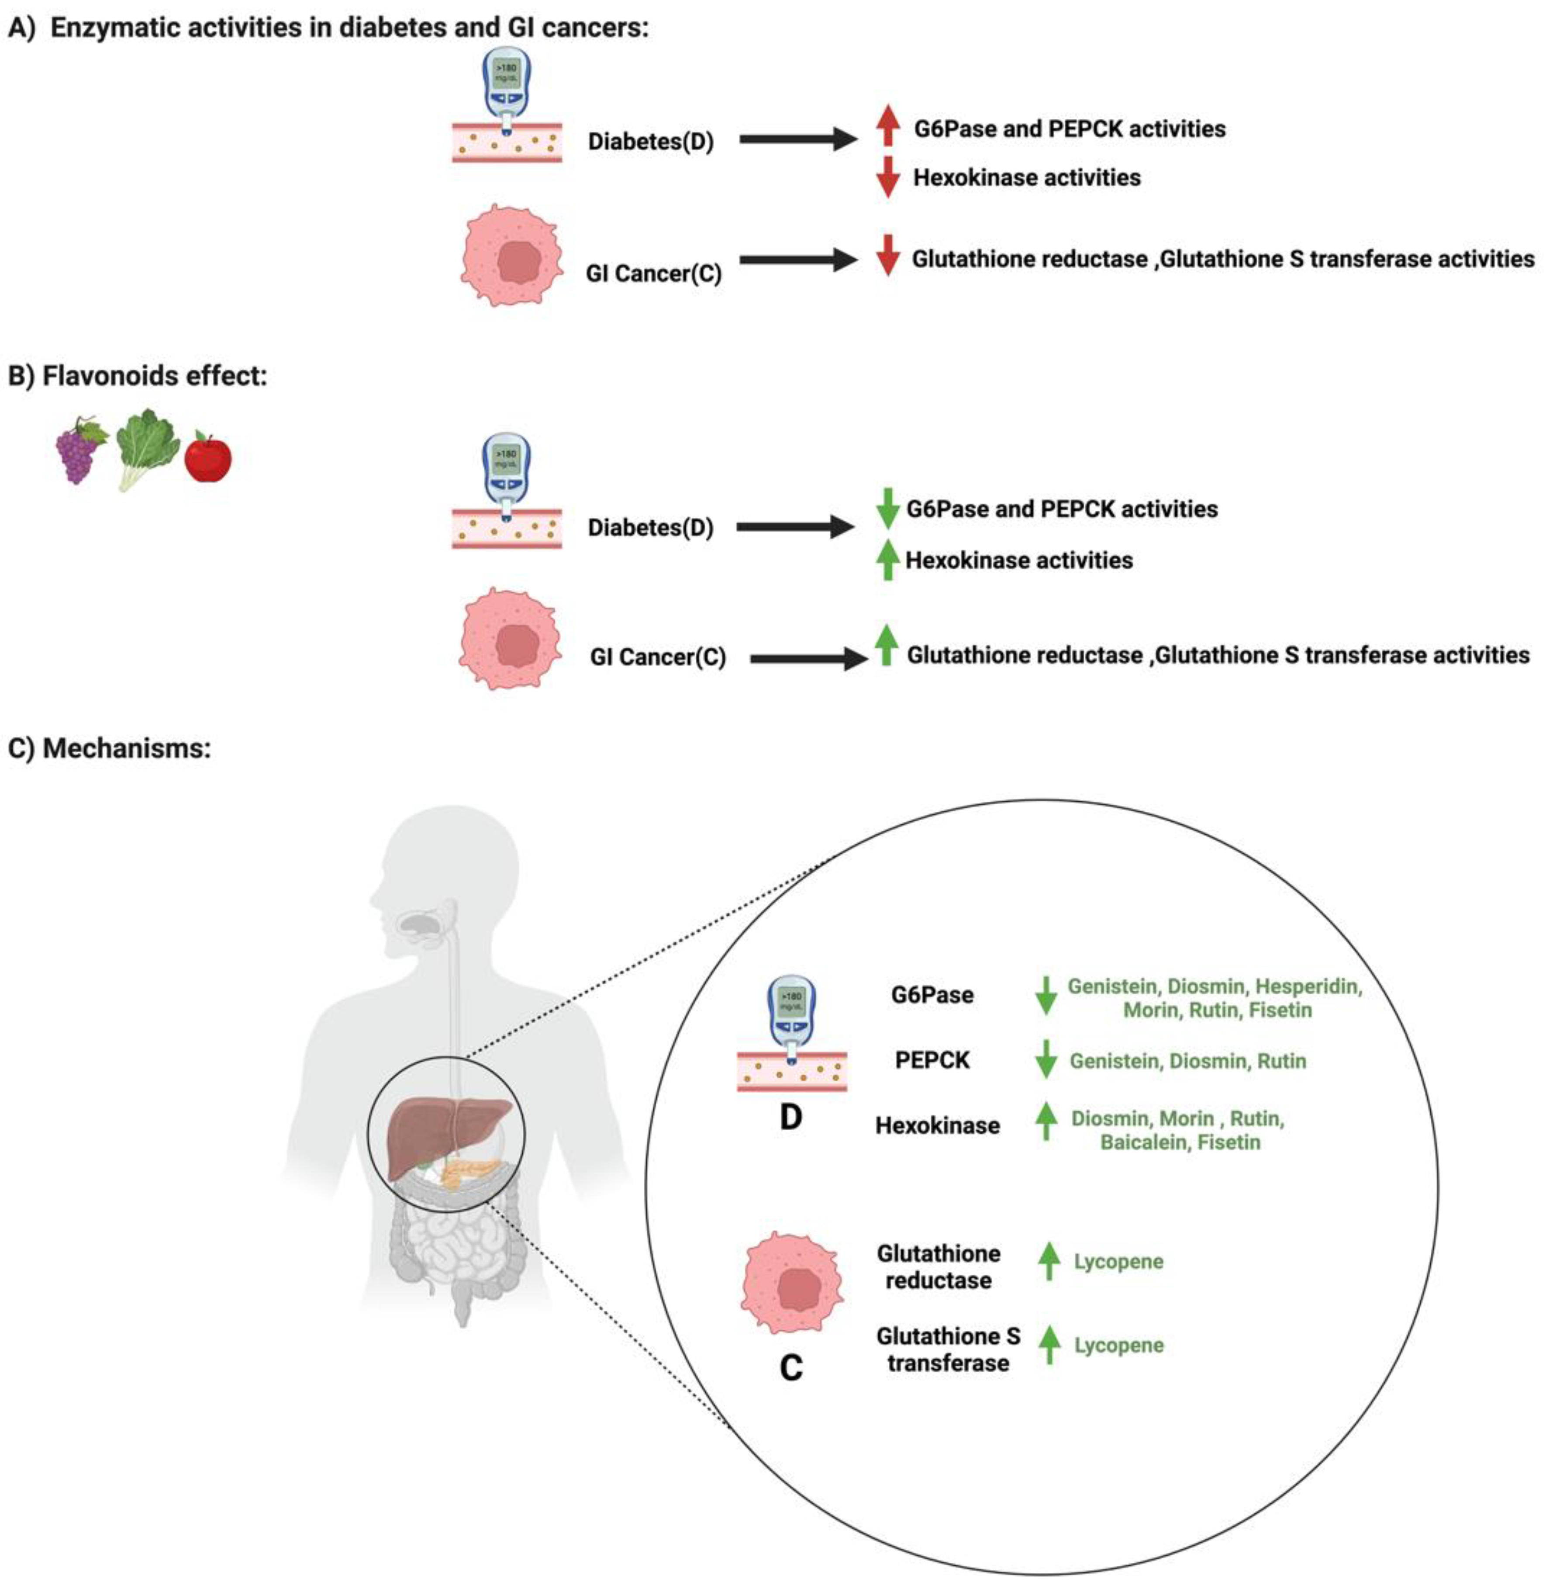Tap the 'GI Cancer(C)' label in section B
658,657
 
